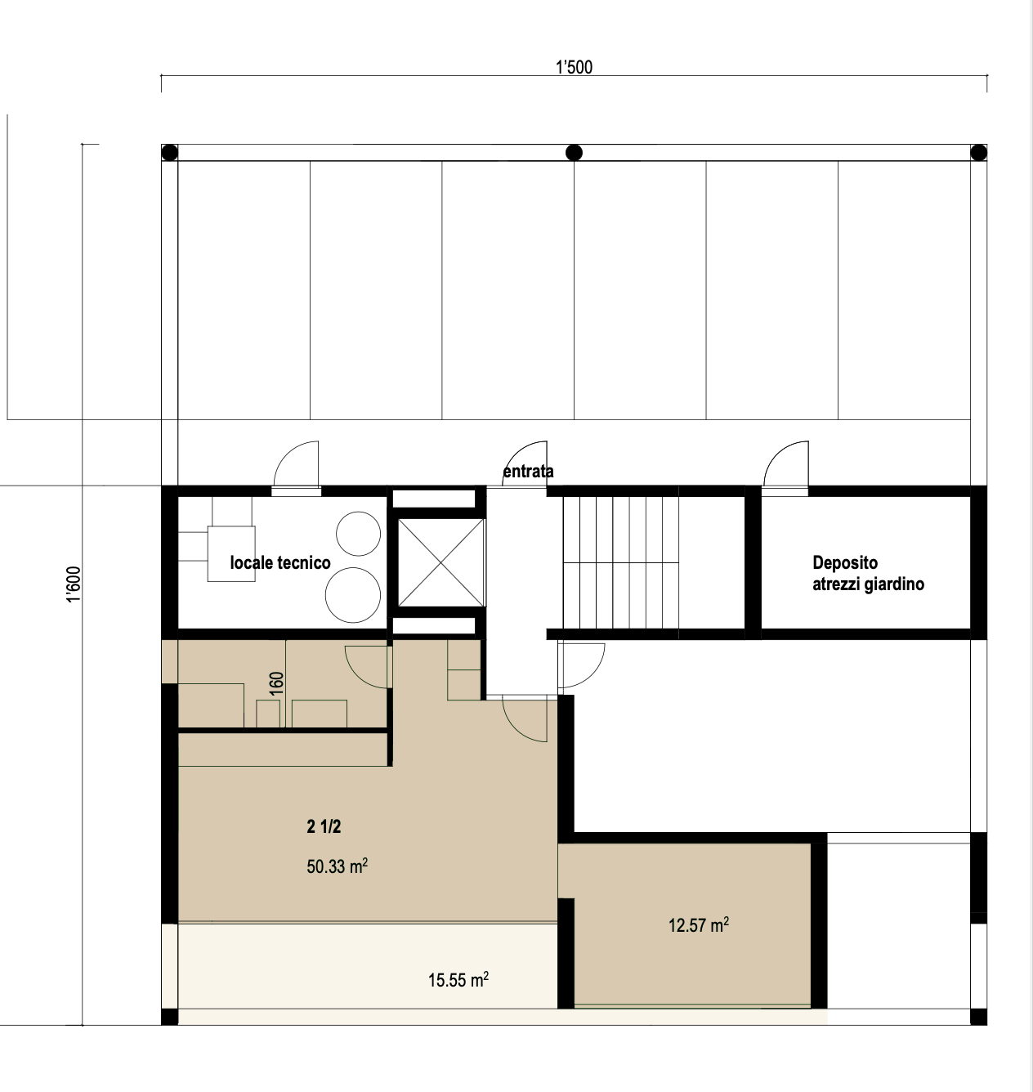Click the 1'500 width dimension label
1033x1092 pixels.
click(x=574, y=67)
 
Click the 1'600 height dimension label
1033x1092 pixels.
click(x=74, y=584)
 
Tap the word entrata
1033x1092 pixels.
click(x=528, y=472)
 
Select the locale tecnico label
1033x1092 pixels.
click(x=280, y=562)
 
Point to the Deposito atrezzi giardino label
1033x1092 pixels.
click(x=868, y=573)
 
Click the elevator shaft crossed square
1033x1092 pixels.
click(x=441, y=562)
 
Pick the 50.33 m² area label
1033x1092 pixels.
click(x=337, y=866)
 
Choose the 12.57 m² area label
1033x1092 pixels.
click(x=698, y=924)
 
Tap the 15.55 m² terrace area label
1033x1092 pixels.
click(x=458, y=980)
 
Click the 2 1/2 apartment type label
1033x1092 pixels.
click(x=324, y=827)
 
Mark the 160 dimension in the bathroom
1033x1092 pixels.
click(x=276, y=683)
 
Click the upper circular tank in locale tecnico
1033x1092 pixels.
click(x=358, y=534)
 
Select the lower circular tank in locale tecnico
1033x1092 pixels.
click(x=353, y=595)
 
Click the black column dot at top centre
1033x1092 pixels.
click(x=574, y=152)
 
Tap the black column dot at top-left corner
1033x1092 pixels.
click(x=169, y=152)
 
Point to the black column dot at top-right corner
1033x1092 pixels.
click(x=978, y=152)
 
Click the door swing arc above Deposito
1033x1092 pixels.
click(x=777, y=451)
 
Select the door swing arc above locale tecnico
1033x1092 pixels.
click(x=288, y=451)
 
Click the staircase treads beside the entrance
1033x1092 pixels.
click(x=621, y=562)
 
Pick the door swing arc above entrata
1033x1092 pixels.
click(x=516, y=451)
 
